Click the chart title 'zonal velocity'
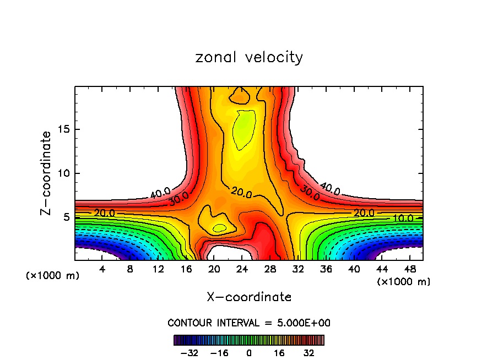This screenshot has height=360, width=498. point(249,57)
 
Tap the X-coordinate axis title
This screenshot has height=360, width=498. point(249,297)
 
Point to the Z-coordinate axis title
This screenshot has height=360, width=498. point(46,173)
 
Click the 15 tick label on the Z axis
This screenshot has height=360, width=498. point(63,130)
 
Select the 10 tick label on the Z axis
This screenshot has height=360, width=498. point(63,173)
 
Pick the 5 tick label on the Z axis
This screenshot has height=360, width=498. point(66,217)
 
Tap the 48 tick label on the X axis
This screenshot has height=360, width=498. point(410,269)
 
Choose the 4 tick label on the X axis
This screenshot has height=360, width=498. point(102,269)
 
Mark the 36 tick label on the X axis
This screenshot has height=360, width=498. point(326,269)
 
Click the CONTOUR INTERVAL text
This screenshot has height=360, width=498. point(249,323)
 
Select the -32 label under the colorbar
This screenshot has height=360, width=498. point(190,352)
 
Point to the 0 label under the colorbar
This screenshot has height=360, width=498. point(250,352)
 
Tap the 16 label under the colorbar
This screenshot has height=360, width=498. point(279,352)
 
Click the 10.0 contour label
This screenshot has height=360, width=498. point(403,218)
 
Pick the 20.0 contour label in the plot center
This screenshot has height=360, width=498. point(241,193)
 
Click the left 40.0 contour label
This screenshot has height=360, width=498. point(160,193)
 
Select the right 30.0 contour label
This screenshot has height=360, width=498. point(310,193)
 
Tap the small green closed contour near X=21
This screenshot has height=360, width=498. point(219,227)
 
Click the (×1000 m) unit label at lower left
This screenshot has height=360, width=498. point(53,276)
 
